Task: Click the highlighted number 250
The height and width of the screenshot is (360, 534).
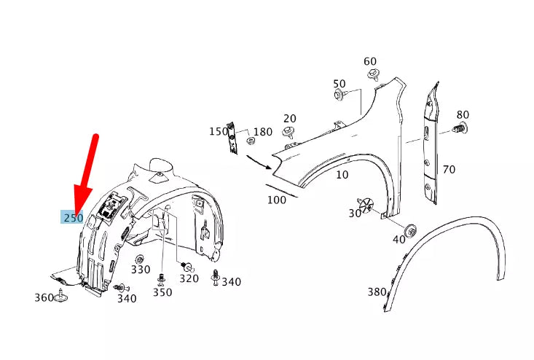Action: (72, 217)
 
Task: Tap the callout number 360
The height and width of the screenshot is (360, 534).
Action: (44, 297)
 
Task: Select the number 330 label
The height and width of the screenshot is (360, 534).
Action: (141, 270)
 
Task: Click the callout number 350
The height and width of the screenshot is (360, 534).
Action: (162, 292)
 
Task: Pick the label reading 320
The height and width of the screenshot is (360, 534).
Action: (189, 278)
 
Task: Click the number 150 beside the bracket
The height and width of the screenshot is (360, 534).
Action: (219, 131)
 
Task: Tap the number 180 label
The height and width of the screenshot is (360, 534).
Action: (262, 132)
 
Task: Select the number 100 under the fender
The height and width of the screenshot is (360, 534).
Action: (277, 200)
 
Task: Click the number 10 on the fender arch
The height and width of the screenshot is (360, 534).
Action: (342, 175)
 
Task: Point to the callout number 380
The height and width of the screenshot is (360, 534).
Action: (377, 292)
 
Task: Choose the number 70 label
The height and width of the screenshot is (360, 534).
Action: (449, 170)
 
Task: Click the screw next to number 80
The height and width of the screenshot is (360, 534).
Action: (459, 129)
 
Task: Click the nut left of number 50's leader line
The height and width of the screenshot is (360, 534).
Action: (340, 95)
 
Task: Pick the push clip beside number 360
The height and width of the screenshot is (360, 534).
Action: (63, 296)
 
